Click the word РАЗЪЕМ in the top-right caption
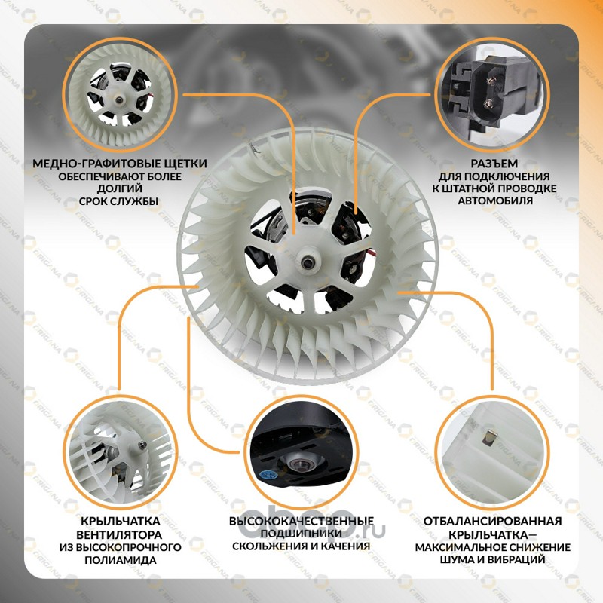coord(494,164)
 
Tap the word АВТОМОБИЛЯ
coord(495,200)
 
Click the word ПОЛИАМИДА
coord(121,559)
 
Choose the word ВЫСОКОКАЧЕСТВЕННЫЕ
coord(301,521)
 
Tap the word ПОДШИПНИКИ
coord(301,534)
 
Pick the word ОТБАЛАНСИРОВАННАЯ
coord(493,521)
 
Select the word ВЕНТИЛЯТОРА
coord(119,535)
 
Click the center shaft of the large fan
coord(307,262)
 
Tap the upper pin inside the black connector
coord(491,81)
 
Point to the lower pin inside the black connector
coord(488,103)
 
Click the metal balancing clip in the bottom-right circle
coord(489,438)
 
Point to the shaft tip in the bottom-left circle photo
coord(142,445)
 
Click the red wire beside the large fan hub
coord(372,252)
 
